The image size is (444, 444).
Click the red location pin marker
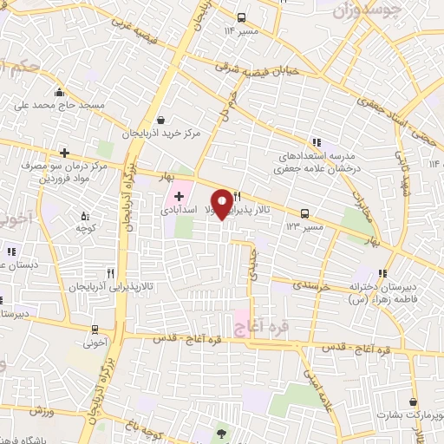click(223, 203)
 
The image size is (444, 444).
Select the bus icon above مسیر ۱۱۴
click(241, 17)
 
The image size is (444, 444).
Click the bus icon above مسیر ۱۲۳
click(304, 213)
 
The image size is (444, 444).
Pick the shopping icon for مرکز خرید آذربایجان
click(160, 121)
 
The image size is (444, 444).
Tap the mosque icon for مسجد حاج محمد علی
click(59, 93)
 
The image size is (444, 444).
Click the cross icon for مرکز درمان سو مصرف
click(64, 153)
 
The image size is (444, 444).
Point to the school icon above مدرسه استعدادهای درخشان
click(316, 140)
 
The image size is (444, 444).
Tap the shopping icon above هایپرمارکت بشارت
click(412, 402)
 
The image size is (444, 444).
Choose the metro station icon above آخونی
click(95, 330)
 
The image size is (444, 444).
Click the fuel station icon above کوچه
click(84, 215)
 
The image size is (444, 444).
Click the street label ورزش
click(35, 408)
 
